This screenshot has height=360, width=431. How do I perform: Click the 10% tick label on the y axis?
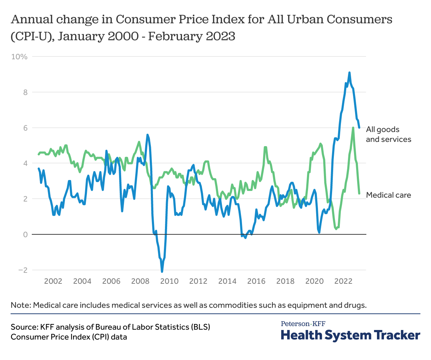tap(19, 56)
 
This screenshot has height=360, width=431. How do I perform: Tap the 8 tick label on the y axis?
tap(24, 92)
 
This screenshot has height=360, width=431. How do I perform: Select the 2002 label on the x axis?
tap(53, 281)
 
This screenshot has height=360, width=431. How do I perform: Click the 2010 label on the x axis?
tap(169, 281)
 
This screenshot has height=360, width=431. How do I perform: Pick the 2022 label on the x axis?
tap(343, 281)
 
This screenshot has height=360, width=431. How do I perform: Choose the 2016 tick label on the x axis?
tap(256, 281)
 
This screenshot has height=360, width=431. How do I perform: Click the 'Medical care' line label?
tap(388, 195)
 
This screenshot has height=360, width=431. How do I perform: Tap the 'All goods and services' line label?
tap(388, 134)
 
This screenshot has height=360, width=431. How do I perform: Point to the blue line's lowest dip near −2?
tap(162, 271)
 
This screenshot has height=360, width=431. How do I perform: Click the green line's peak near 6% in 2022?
tap(353, 128)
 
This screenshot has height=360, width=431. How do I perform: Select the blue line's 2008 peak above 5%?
tap(147, 134)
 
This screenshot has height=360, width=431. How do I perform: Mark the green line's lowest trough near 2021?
tap(336, 229)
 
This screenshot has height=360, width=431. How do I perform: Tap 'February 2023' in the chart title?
tap(191, 36)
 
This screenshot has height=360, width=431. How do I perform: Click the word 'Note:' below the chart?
tap(21, 305)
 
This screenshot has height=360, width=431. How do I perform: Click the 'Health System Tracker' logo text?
tap(350, 335)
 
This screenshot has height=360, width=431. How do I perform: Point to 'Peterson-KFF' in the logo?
tap(303, 324)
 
